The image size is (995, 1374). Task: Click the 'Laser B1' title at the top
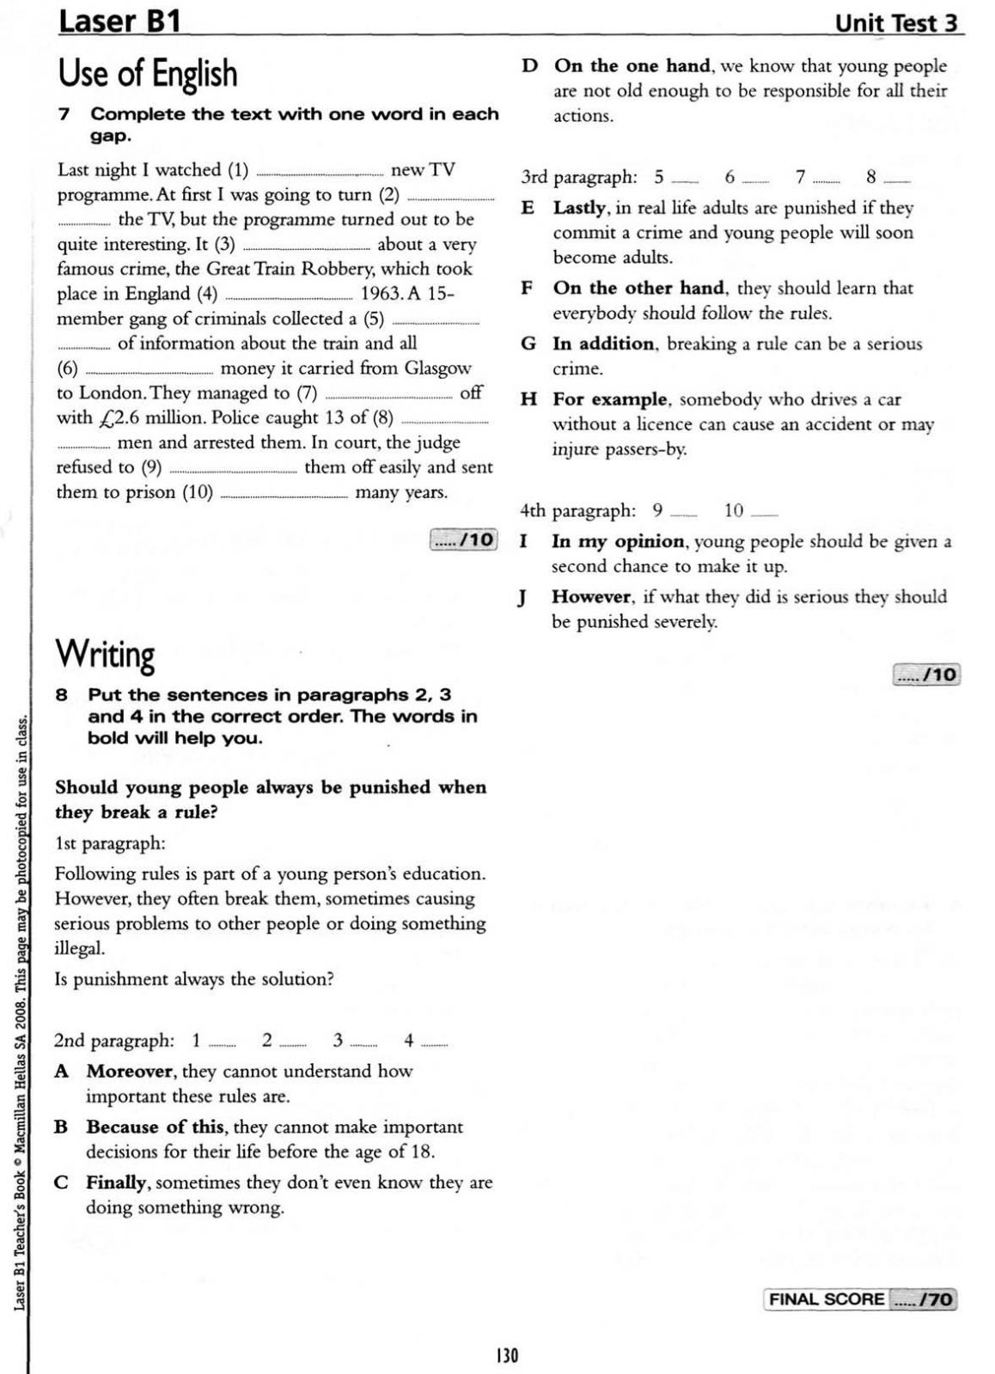pos(119,21)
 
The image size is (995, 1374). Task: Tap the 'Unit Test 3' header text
pos(895,23)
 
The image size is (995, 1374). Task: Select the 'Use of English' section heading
pos(147,74)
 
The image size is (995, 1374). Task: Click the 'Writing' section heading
pos(105,655)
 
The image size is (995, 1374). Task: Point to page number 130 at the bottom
pos(507,1355)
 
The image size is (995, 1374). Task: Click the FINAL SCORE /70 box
pos(859,1299)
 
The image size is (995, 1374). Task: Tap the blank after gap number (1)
pos(320,171)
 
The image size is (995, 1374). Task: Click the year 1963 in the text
pos(381,294)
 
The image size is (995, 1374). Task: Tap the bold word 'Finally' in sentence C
pos(116,1182)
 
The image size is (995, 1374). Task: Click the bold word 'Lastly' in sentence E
pos(579,208)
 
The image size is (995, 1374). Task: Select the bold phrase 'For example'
pos(610,399)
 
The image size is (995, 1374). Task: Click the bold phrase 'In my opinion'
pos(618,541)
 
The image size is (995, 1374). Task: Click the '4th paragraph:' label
pos(578,511)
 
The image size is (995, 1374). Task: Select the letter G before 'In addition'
pos(528,344)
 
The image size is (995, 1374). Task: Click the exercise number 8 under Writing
pos(62,695)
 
